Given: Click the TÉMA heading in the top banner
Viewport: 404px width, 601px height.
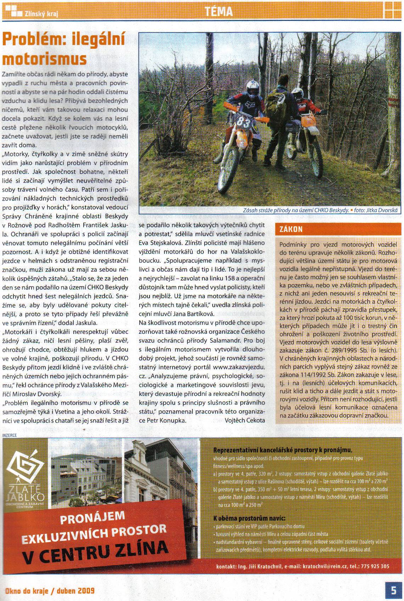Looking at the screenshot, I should [x=219, y=12].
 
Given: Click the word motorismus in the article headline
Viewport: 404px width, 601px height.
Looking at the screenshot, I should [x=44, y=59].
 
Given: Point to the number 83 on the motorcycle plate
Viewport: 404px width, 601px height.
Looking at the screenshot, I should [x=243, y=122].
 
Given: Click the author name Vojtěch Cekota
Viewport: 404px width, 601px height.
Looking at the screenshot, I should [x=245, y=420].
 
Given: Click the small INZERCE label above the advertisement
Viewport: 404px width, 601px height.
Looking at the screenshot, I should [x=10, y=436].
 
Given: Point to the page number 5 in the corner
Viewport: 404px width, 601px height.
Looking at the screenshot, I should [x=394, y=590].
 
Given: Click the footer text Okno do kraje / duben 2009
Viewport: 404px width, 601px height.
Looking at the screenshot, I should [x=50, y=591].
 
